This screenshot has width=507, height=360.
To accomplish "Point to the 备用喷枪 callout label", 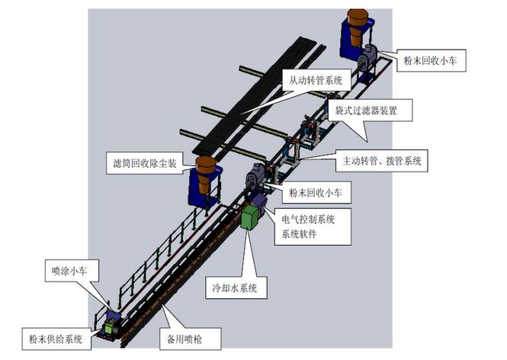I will pos(184,336).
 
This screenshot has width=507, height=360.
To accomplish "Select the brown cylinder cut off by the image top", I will pos(357,23).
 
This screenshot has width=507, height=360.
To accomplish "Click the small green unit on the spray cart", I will pos(111,326).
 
